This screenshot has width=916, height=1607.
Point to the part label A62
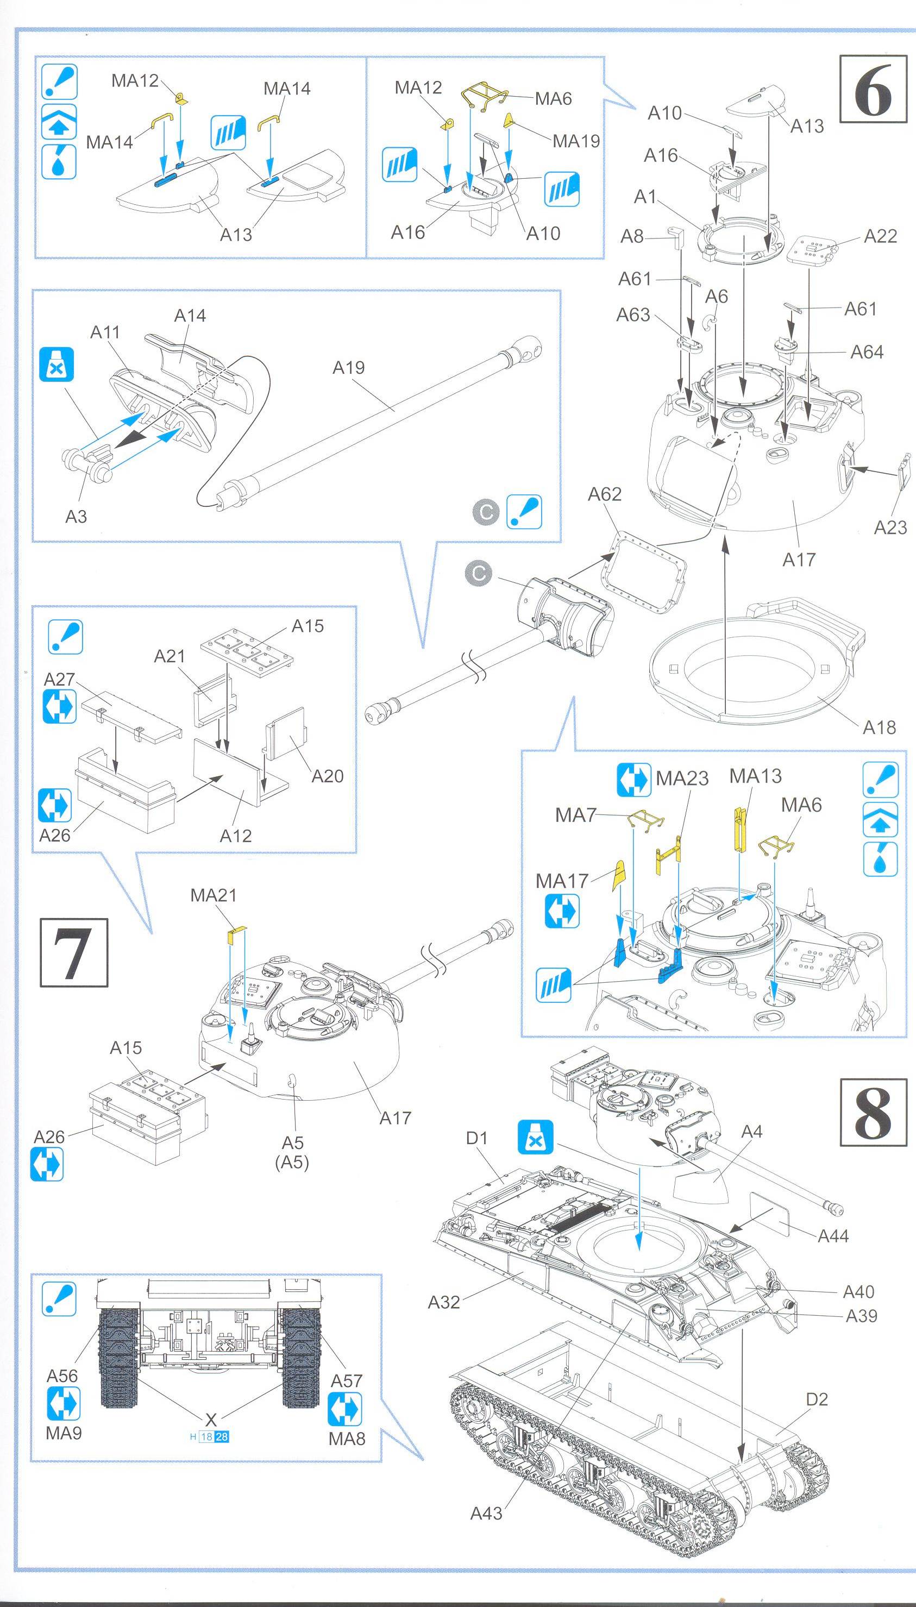click(x=605, y=494)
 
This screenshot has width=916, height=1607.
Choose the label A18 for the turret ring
click(x=879, y=727)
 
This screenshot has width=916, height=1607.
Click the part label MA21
click(x=214, y=894)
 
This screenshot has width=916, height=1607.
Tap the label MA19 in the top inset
click(x=576, y=141)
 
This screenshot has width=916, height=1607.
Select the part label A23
click(x=890, y=527)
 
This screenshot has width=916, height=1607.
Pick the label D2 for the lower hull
click(x=817, y=1399)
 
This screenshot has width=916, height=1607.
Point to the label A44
click(x=833, y=1236)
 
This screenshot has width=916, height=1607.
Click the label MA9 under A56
click(x=64, y=1432)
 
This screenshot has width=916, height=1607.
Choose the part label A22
click(x=880, y=236)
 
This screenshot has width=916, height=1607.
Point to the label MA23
click(x=682, y=779)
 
